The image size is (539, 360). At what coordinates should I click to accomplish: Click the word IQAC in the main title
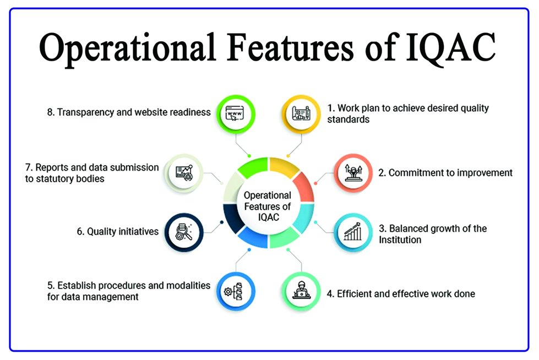[x=451, y=48]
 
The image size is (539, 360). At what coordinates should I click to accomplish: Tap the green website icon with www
[x=236, y=114]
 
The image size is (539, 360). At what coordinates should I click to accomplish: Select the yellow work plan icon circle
[x=301, y=114]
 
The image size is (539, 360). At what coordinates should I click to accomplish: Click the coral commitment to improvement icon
[x=353, y=173]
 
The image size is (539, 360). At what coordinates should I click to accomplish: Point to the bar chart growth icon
[x=353, y=232]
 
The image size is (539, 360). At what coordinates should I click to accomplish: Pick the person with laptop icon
[x=301, y=291]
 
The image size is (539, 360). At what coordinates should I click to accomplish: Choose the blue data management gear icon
[x=236, y=291]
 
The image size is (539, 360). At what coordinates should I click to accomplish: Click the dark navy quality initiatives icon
[x=184, y=232]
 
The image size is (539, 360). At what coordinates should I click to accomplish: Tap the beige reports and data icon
[x=184, y=173]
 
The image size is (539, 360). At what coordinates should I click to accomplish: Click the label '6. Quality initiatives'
[x=118, y=231]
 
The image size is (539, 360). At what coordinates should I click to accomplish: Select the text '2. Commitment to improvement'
[x=445, y=173]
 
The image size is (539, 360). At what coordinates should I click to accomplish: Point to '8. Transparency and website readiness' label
[x=129, y=112]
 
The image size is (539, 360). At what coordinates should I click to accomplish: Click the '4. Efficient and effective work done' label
[x=401, y=293]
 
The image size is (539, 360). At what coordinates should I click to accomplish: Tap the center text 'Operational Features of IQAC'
[x=268, y=206]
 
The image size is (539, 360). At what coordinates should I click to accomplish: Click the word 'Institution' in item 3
[x=400, y=239]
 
